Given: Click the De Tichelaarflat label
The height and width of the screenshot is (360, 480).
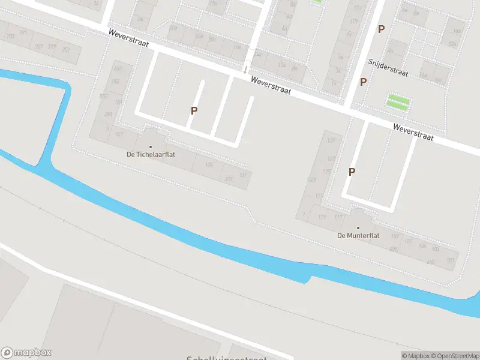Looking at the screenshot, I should (x=150, y=154).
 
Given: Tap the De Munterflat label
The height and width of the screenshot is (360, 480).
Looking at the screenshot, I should (x=358, y=236).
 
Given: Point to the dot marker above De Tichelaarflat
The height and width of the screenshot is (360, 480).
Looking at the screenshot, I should (x=150, y=146).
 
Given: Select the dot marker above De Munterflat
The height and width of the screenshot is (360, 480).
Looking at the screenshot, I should (x=358, y=228).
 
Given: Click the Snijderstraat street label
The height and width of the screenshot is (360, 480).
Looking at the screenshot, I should (x=388, y=67).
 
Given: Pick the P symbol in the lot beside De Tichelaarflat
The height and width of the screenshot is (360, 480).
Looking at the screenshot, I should (x=194, y=110).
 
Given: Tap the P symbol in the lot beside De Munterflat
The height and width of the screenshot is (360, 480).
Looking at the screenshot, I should (x=352, y=172).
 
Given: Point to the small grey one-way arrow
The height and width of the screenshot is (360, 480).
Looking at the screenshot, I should (x=246, y=68).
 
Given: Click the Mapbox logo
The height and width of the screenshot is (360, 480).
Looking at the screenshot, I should (x=26, y=353).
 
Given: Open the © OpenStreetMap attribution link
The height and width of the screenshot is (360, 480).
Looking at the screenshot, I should (x=454, y=356).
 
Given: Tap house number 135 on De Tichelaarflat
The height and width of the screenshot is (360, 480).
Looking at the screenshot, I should (x=209, y=165).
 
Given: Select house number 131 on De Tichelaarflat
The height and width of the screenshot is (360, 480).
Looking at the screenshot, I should (x=243, y=175).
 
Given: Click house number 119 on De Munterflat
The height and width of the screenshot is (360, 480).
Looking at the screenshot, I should (x=322, y=217).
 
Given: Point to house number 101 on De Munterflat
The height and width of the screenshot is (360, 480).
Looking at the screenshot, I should (x=451, y=259).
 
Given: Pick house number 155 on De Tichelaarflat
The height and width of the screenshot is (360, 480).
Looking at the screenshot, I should (x=116, y=82).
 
